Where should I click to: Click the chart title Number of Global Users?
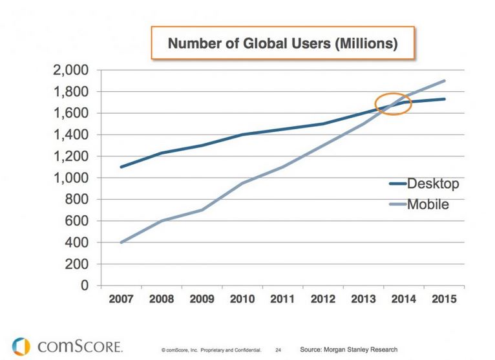[282, 45]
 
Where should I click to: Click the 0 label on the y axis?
[86, 286]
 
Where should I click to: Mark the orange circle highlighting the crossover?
[394, 103]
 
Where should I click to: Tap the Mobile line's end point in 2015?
[445, 81]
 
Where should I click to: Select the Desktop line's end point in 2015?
[445, 99]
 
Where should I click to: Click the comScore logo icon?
[20, 346]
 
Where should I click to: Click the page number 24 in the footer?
[278, 350]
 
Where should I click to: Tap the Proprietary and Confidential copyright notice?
[211, 350]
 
